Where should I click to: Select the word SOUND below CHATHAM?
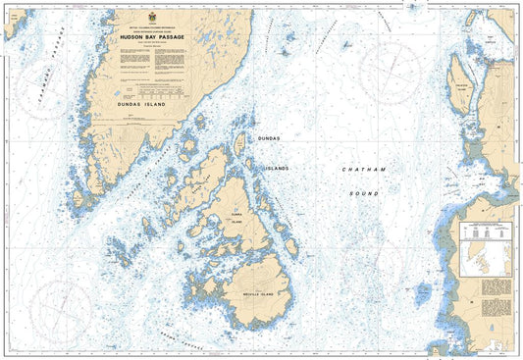(x=364, y=193)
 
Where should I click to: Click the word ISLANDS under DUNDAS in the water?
(x=278, y=168)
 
